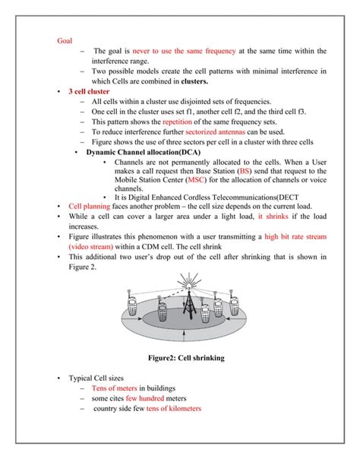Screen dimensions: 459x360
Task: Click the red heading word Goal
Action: tap(65, 40)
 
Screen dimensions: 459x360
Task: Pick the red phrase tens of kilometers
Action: tap(174, 408)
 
